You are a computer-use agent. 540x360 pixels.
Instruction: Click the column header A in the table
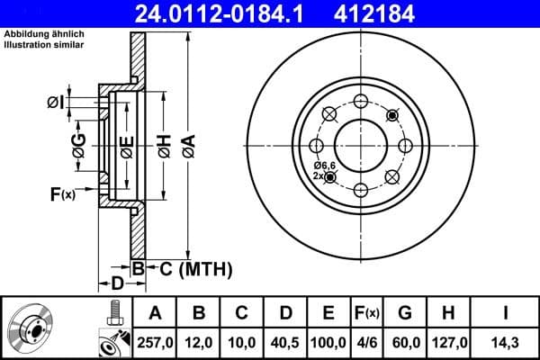coord(156,313)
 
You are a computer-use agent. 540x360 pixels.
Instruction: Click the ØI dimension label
coord(57,103)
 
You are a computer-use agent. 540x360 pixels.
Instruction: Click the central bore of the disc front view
coord(360,145)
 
